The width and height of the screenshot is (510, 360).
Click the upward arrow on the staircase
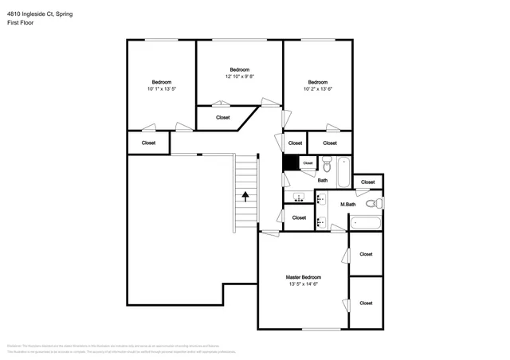tap(245, 194)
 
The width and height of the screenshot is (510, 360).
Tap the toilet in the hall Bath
tap(326, 165)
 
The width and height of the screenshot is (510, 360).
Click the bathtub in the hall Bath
tap(343, 170)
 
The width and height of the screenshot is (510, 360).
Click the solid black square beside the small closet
tap(292, 162)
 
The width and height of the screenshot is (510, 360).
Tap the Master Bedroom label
tap(303, 277)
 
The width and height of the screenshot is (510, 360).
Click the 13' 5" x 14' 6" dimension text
tap(303, 284)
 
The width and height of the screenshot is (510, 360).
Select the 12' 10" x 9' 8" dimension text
tap(240, 76)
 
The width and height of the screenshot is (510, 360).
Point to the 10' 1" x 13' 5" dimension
tap(162, 89)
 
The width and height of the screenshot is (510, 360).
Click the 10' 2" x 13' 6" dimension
tap(318, 89)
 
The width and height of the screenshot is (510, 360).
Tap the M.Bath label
tap(347, 205)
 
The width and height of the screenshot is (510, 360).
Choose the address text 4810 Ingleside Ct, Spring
tap(40, 14)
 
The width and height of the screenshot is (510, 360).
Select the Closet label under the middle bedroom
tap(223, 117)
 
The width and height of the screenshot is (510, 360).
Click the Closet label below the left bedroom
tap(148, 143)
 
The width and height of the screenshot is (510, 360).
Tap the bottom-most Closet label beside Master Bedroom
tap(366, 303)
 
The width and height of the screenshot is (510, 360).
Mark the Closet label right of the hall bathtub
tap(367, 182)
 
